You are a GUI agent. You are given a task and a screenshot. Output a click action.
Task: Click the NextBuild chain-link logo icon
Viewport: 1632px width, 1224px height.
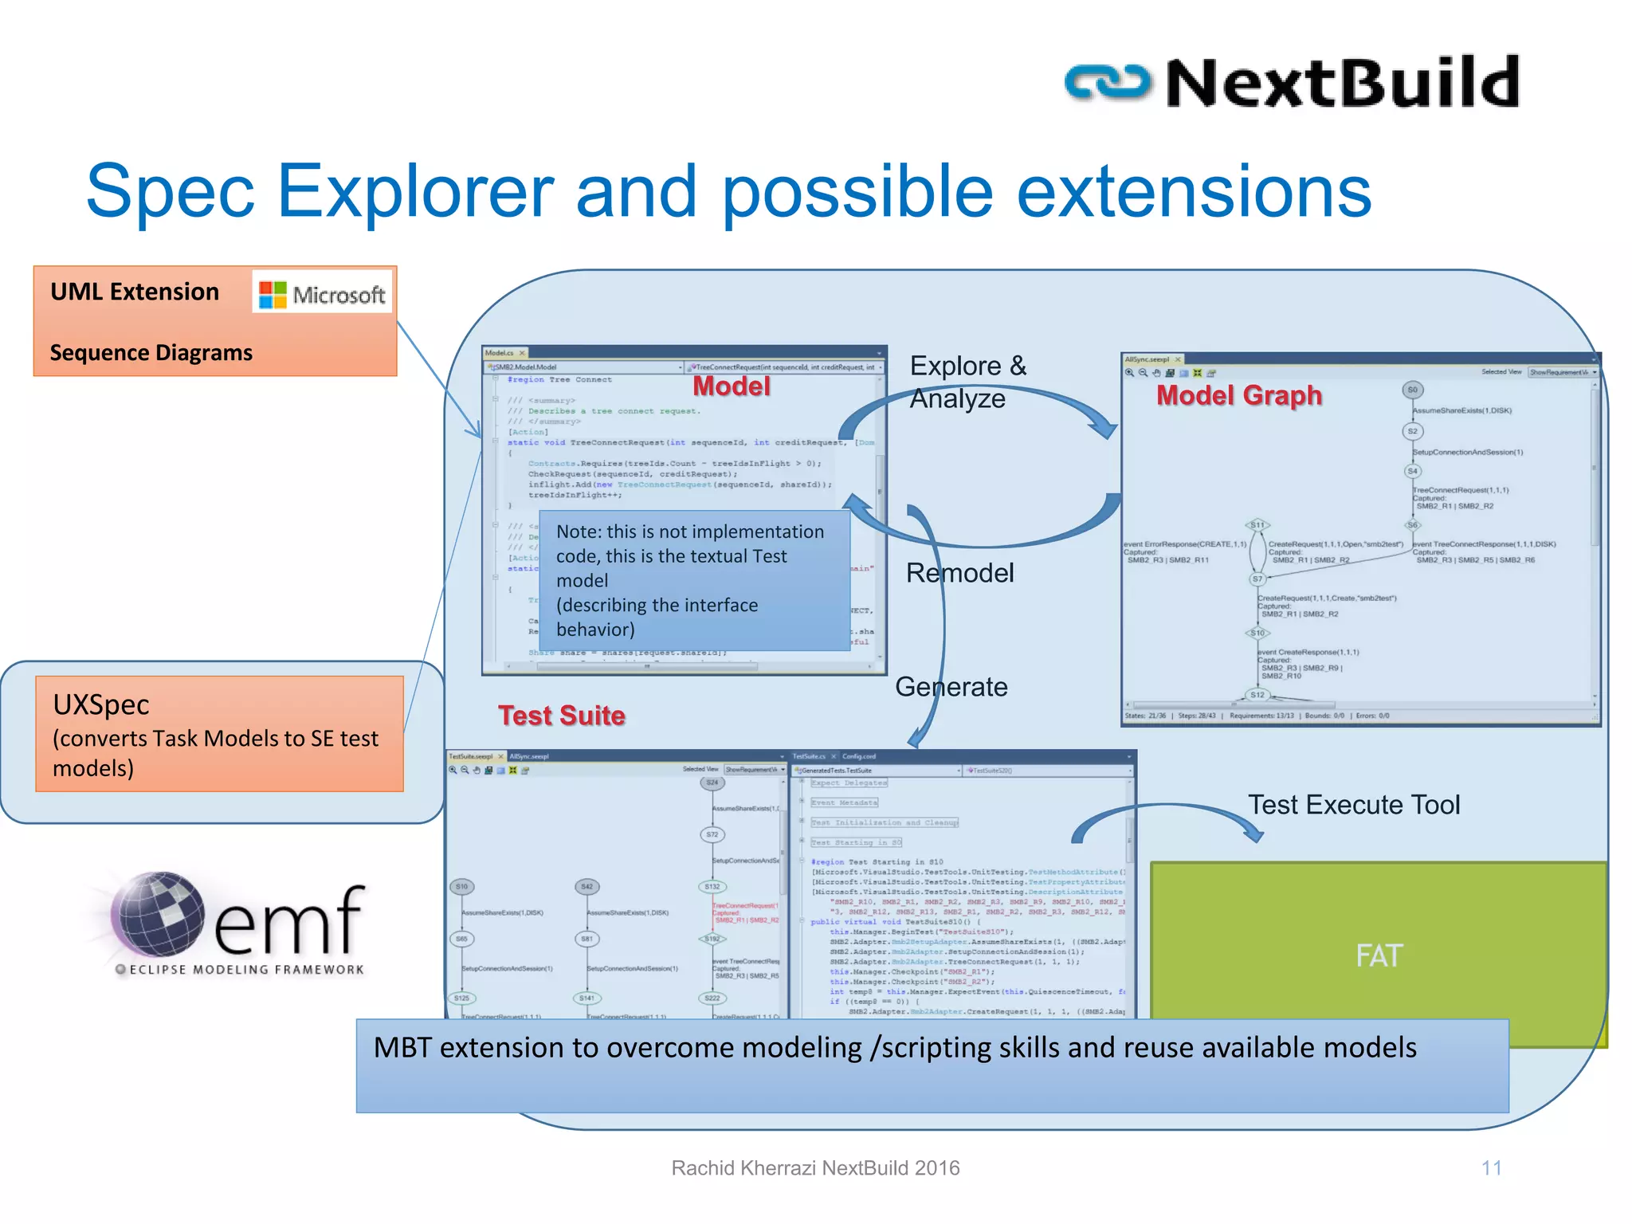(x=1108, y=83)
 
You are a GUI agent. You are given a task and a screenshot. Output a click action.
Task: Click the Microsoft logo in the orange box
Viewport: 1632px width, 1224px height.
(x=323, y=293)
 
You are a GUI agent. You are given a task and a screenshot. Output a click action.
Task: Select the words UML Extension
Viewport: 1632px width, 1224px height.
(x=135, y=292)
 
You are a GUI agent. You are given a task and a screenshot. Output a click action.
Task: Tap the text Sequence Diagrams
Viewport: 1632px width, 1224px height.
(x=151, y=352)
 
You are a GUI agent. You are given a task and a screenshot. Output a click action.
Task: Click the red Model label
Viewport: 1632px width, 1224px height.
(x=731, y=386)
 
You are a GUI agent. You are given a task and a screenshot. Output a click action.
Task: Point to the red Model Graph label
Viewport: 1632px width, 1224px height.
(x=1238, y=395)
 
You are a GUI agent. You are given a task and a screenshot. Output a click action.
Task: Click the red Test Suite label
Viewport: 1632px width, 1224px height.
(x=562, y=716)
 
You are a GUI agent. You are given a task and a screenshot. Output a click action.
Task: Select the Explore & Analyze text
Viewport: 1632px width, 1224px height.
(x=967, y=382)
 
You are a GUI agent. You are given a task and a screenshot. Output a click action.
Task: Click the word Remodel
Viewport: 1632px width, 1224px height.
(x=959, y=573)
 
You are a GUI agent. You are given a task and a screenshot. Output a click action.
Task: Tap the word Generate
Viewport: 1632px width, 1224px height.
(x=951, y=687)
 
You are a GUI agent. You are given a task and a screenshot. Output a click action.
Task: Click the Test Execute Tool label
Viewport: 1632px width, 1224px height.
(x=1353, y=805)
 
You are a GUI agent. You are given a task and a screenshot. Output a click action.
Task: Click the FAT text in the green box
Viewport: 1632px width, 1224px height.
(x=1379, y=955)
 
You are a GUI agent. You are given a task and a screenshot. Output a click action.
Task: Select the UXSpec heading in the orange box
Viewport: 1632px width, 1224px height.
(x=101, y=704)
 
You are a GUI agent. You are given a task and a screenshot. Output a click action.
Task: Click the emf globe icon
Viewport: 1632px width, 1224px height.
(x=157, y=913)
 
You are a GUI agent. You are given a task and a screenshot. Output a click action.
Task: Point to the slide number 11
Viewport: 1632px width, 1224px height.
(x=1491, y=1168)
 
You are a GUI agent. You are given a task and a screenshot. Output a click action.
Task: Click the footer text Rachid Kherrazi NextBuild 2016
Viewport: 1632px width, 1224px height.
(x=815, y=1168)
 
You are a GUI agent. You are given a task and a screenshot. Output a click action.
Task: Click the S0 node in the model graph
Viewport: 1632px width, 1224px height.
(x=1412, y=390)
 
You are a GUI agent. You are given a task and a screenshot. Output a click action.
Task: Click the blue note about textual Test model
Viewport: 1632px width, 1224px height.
(x=693, y=580)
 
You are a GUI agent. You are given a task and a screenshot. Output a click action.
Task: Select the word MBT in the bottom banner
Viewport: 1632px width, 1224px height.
(x=403, y=1048)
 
